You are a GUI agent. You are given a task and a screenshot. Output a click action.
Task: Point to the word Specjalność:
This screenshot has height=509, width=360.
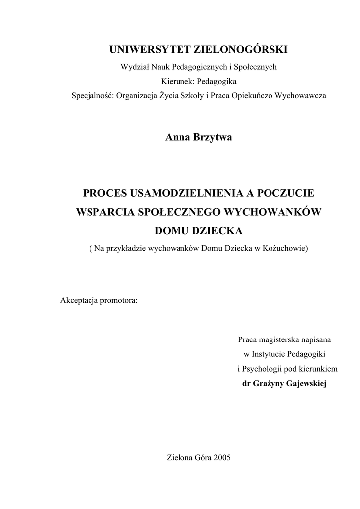tap(92, 95)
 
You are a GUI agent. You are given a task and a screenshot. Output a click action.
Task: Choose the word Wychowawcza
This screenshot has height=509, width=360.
tap(301, 95)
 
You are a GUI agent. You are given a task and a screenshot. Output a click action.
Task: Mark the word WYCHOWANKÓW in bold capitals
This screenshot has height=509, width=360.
tap(274, 212)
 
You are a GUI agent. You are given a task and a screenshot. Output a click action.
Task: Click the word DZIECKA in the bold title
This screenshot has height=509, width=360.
tap(219, 231)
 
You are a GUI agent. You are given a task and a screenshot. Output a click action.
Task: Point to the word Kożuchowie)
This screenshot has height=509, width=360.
tap(284, 248)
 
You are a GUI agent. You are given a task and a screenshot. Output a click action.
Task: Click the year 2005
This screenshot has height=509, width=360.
tap(221, 458)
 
